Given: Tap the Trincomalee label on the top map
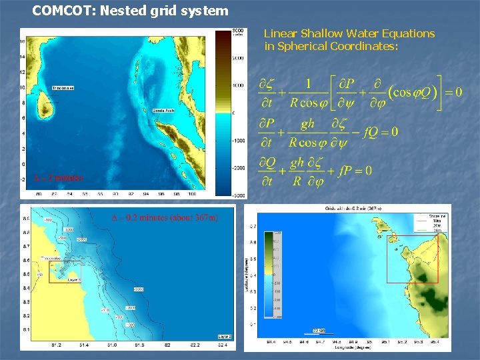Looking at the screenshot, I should (x=63, y=88).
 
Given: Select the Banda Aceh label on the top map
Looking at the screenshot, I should (x=163, y=111).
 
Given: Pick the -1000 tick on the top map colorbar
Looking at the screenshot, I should (x=238, y=141).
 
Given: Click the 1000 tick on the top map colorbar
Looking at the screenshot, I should (x=238, y=85).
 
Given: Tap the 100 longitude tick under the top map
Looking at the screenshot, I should (x=192, y=195).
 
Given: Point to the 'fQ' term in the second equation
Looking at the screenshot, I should (x=371, y=132).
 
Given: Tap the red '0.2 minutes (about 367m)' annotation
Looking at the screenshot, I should (x=163, y=217).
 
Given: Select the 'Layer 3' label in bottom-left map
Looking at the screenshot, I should (x=74, y=279).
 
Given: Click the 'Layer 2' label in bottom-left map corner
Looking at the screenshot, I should (x=225, y=336).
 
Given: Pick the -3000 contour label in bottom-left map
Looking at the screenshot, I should (x=138, y=289).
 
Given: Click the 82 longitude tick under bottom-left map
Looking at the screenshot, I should (x=167, y=345).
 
